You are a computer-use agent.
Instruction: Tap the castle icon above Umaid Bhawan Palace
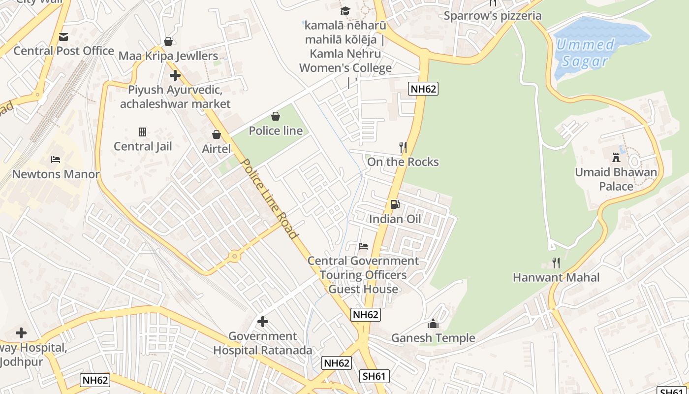click(x=616, y=158)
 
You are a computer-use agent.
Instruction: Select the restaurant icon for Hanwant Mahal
click(x=556, y=263)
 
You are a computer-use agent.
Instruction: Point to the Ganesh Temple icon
click(x=433, y=323)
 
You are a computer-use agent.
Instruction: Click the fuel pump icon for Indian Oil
click(x=394, y=204)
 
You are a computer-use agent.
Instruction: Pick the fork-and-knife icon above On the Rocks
click(x=403, y=147)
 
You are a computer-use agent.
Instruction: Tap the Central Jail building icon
click(x=143, y=131)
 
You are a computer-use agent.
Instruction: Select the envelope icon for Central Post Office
click(x=63, y=36)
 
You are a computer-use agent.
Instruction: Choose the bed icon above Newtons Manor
click(x=56, y=160)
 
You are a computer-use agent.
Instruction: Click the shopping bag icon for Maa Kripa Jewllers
click(x=168, y=41)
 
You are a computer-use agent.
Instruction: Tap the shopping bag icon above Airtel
click(x=216, y=134)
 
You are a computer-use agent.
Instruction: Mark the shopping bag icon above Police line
click(x=276, y=116)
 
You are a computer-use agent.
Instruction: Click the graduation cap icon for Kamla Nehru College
click(x=345, y=11)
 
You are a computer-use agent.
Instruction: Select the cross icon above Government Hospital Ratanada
click(x=263, y=322)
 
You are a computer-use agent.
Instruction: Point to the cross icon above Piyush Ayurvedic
click(x=175, y=75)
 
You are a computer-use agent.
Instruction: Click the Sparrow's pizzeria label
click(x=493, y=16)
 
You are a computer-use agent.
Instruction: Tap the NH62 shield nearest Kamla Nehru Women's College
click(x=423, y=89)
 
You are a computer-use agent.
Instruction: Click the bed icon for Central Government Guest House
click(x=363, y=246)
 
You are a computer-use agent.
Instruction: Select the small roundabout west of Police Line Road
click(x=234, y=256)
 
